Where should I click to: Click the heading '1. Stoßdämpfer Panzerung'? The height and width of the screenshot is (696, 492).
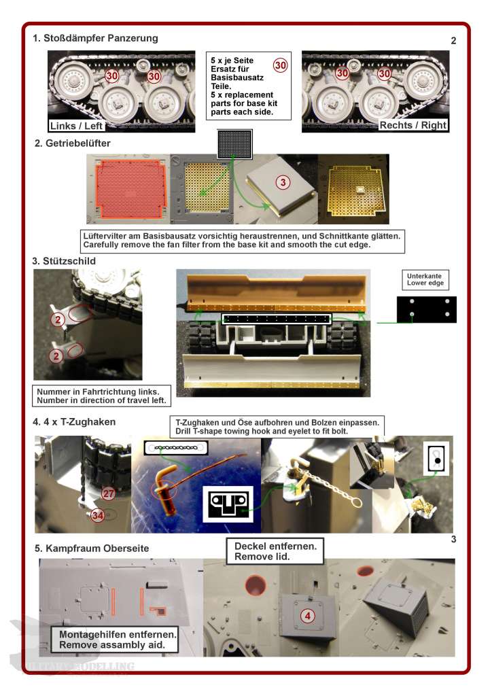(x=95, y=38)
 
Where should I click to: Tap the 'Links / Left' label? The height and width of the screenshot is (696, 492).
(x=76, y=126)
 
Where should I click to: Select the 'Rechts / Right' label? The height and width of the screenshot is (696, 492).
(x=412, y=125)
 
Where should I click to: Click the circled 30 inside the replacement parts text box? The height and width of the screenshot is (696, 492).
(x=280, y=66)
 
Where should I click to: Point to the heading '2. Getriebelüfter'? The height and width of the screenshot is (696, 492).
(x=72, y=143)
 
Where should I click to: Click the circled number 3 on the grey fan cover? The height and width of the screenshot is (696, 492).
(x=283, y=182)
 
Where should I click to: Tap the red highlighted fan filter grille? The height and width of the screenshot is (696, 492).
(x=130, y=189)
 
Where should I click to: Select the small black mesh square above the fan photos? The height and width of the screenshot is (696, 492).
(x=234, y=144)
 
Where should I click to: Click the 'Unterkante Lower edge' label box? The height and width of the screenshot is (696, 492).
(x=425, y=279)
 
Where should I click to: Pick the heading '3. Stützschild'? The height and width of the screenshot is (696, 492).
(x=64, y=261)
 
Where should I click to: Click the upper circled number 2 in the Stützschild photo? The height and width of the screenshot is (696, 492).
(x=58, y=319)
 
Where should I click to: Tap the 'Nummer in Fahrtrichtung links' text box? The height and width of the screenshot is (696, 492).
(x=102, y=396)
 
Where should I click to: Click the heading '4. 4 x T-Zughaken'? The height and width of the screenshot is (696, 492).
(x=74, y=422)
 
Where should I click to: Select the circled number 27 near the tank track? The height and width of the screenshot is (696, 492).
(x=108, y=493)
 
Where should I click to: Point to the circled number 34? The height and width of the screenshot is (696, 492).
(x=97, y=515)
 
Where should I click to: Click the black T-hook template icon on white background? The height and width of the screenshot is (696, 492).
(x=228, y=504)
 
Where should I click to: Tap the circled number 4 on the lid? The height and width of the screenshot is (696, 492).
(x=307, y=616)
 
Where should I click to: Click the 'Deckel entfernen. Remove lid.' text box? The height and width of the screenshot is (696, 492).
(x=275, y=551)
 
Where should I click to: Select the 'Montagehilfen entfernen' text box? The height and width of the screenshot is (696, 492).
(x=114, y=640)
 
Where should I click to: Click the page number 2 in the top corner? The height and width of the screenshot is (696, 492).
(x=453, y=41)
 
